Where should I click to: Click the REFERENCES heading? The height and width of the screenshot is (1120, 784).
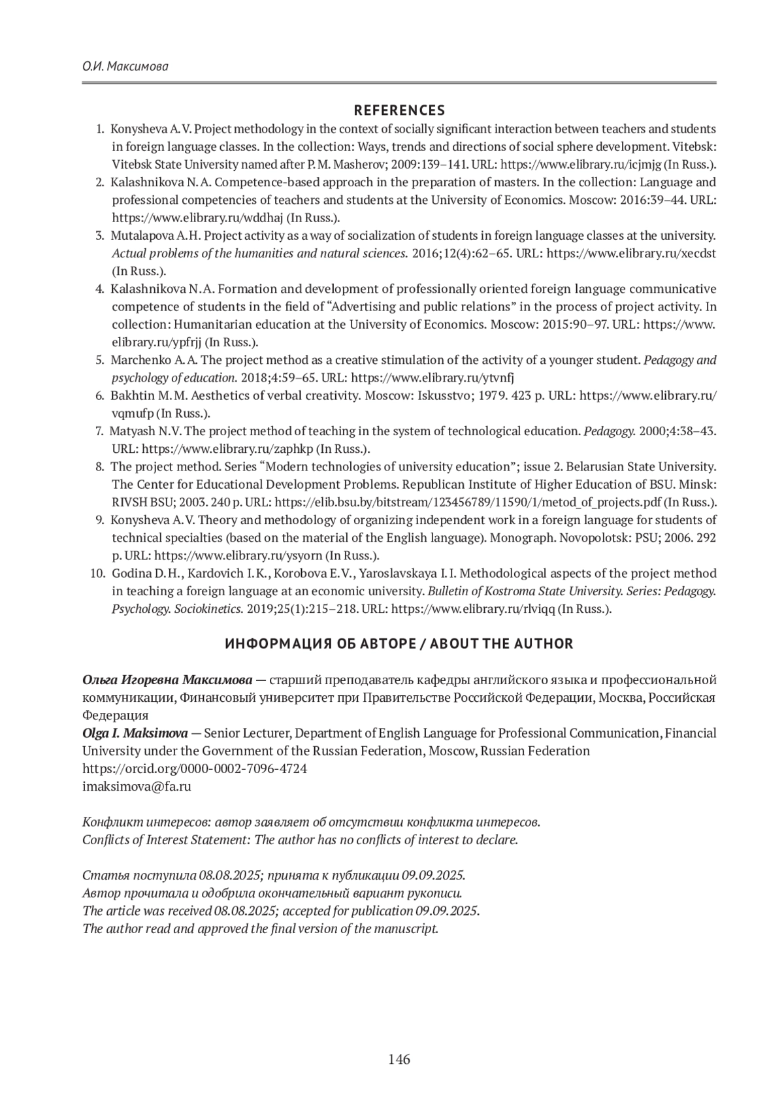point(399,110)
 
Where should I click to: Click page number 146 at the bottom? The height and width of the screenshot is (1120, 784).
point(399,1059)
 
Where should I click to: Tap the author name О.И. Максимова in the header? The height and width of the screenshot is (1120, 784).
point(125,67)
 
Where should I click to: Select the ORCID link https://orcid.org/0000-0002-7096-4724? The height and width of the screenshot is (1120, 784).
point(195,768)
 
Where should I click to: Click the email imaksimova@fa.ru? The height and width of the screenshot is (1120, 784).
point(137,786)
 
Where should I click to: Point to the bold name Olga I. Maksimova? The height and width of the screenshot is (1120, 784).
point(135,733)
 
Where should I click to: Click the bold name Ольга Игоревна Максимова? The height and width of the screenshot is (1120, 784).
point(167,680)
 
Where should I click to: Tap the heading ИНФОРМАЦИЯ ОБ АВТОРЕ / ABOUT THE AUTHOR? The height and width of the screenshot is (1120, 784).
point(399,644)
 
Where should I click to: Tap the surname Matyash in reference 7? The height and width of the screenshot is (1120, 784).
point(129,431)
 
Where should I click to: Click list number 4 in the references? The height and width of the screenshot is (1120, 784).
point(100,289)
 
